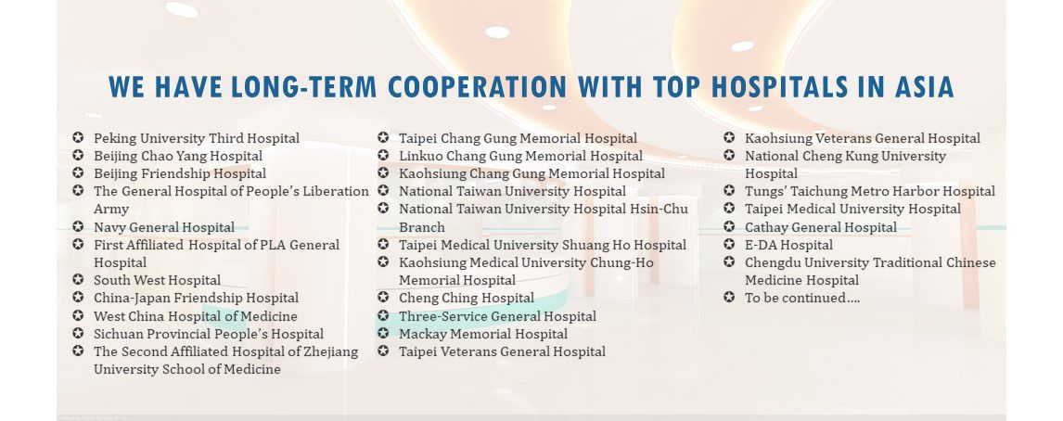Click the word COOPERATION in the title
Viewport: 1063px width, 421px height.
(x=478, y=87)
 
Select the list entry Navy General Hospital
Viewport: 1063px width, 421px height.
(x=164, y=227)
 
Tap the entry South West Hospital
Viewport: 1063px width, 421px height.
(x=157, y=280)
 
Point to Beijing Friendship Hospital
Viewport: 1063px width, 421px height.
(x=180, y=173)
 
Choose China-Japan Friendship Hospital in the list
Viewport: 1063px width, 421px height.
(x=196, y=298)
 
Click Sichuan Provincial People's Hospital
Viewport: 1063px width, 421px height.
(x=208, y=334)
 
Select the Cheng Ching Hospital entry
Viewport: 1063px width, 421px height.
(x=467, y=298)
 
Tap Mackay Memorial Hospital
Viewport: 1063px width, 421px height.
(x=483, y=334)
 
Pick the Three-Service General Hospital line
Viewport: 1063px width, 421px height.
(x=497, y=316)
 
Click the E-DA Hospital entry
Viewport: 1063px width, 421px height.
(x=789, y=245)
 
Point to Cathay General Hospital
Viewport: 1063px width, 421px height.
(x=821, y=227)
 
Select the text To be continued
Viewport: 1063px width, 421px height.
(x=802, y=298)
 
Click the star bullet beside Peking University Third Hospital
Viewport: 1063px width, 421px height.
(x=78, y=137)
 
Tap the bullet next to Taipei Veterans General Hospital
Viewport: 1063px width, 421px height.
(x=383, y=351)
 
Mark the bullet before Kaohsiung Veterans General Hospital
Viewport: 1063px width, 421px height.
(x=729, y=137)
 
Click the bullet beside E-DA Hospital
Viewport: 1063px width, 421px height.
(x=729, y=244)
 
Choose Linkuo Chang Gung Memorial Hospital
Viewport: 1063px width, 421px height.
(x=520, y=156)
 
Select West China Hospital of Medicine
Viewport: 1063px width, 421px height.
(x=195, y=316)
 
